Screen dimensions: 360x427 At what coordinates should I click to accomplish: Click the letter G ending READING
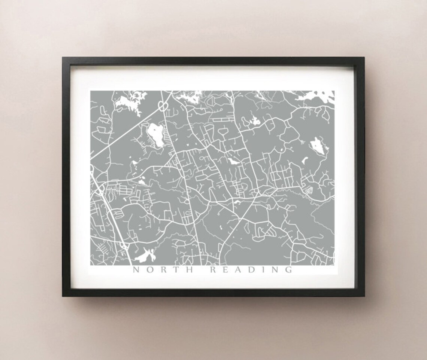(289, 269)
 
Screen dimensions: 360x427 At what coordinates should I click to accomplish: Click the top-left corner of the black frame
(63, 58)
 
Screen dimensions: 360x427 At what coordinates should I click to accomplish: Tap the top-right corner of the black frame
(364, 58)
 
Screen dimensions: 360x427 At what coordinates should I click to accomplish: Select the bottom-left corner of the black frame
(63, 296)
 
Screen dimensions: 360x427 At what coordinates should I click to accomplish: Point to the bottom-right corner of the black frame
(364, 296)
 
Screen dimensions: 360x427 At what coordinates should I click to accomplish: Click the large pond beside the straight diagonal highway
(156, 135)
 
